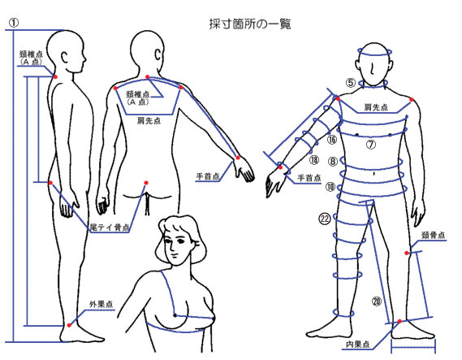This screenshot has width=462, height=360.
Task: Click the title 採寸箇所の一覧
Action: (250, 24)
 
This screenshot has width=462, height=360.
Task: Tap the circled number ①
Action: (13, 23)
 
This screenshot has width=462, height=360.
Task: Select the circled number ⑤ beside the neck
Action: (351, 83)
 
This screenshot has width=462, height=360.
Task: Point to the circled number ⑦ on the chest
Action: (371, 145)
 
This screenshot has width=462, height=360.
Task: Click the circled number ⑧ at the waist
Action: (333, 161)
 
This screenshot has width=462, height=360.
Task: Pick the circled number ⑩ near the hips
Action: (330, 187)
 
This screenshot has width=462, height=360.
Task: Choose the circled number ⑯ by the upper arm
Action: (332, 140)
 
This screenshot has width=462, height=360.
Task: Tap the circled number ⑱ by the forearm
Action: (314, 160)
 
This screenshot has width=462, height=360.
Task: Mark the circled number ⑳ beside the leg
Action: (377, 301)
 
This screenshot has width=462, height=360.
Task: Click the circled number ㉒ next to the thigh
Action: (325, 219)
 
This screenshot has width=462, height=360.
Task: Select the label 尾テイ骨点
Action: (110, 228)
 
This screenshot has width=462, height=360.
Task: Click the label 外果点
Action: (101, 305)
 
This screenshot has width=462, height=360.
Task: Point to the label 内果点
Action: (358, 344)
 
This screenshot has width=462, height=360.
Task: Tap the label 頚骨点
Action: (433, 235)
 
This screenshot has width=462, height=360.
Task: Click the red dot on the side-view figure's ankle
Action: (69, 325)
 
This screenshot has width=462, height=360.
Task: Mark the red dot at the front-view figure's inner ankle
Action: (399, 321)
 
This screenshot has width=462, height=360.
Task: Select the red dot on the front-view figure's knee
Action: (407, 253)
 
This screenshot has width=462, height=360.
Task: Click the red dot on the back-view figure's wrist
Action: (238, 158)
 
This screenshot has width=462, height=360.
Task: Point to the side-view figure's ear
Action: (65, 57)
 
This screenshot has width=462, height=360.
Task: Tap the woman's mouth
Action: (175, 254)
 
